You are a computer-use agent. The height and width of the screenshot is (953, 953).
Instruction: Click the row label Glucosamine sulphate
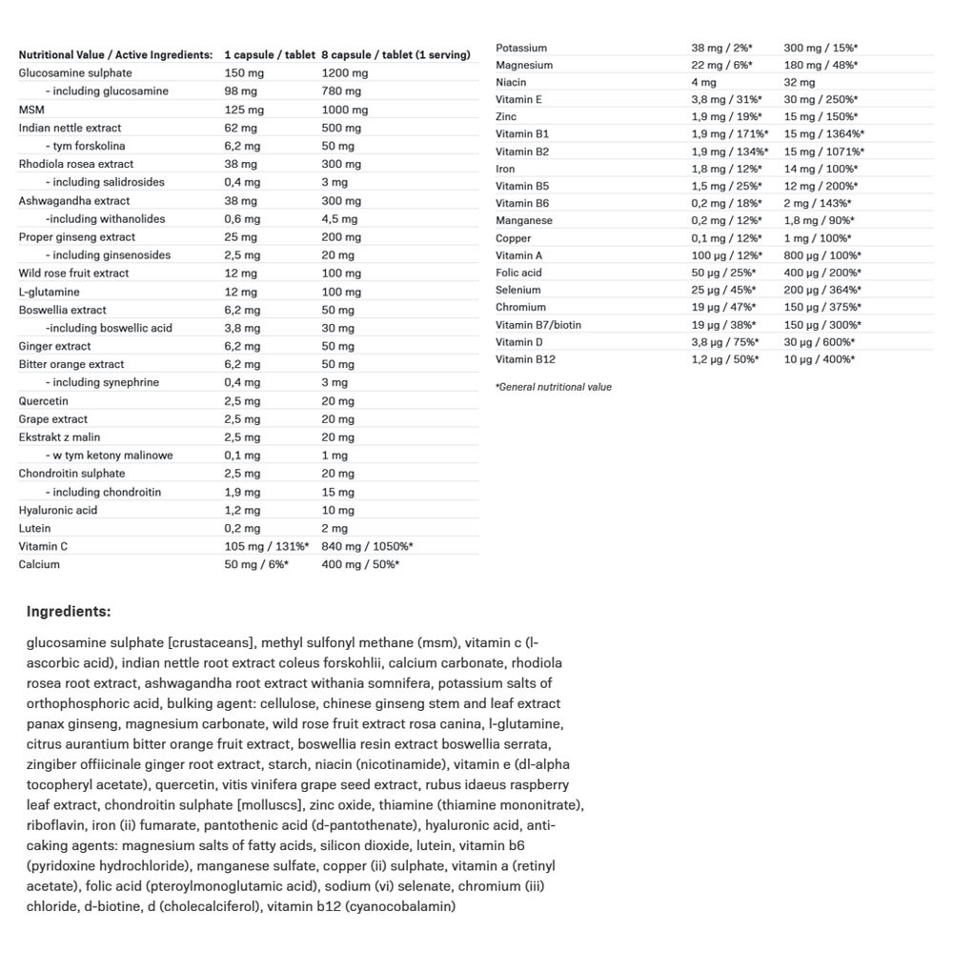[x=75, y=73]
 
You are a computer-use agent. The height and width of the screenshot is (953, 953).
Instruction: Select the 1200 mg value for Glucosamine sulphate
[x=344, y=73]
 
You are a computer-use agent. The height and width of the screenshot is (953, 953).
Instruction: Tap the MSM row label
[x=31, y=110]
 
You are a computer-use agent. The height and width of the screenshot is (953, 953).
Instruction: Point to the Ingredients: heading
[x=69, y=612]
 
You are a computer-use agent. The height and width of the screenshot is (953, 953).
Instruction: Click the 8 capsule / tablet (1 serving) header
[x=395, y=55]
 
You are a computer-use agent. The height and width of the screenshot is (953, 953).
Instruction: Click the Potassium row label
[x=521, y=48]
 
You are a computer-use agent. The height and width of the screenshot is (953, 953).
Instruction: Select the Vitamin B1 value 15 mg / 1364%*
[x=824, y=134]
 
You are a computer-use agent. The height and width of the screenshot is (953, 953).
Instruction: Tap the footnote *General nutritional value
[x=554, y=387]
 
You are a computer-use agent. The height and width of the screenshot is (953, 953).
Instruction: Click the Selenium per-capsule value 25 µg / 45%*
[x=723, y=290]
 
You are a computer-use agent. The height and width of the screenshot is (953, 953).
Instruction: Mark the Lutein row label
[x=35, y=528]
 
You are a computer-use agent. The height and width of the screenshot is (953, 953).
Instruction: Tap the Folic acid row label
[x=519, y=273]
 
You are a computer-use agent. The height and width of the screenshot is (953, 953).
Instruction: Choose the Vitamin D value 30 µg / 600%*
[x=820, y=342]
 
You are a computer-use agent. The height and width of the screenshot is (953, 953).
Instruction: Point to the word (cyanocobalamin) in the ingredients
[x=400, y=906]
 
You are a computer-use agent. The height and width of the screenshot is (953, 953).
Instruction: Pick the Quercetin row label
[x=44, y=400]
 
